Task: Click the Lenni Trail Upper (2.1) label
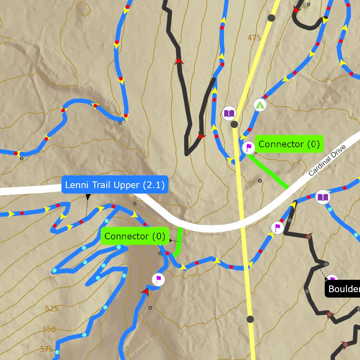tap(115, 185)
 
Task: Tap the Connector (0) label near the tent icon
tap(289, 144)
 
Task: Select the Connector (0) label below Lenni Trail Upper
tap(135, 236)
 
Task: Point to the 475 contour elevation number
tap(254, 38)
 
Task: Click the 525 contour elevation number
tap(51, 309)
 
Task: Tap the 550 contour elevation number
tap(49, 329)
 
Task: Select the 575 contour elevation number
tap(47, 349)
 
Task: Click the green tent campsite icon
tap(260, 105)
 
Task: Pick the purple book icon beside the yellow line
tap(230, 113)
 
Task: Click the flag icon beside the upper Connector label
tap(249, 147)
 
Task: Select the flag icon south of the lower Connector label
tap(158, 279)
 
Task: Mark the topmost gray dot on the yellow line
tap(271, 18)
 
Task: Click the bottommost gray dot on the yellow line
tap(250, 319)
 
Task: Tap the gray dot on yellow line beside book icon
tap(234, 124)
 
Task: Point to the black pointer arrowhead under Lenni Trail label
tap(88, 198)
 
